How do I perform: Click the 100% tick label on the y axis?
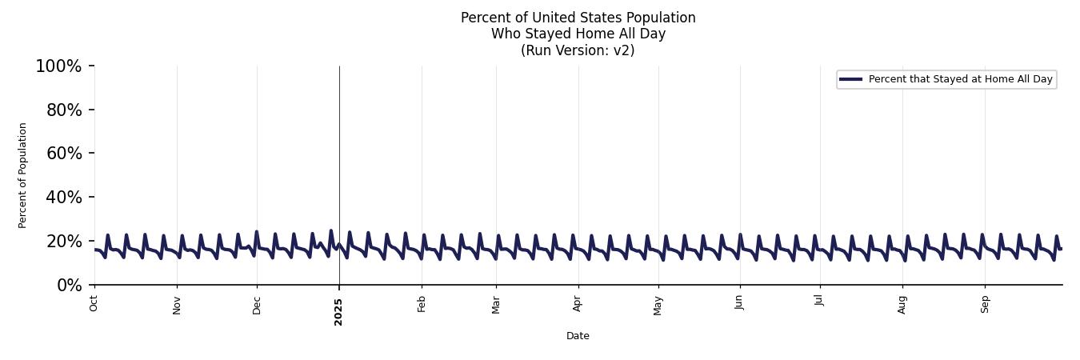[x=58, y=66]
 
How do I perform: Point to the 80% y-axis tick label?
[x=64, y=110]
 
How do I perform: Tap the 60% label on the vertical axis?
[x=64, y=154]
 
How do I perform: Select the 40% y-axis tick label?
[x=64, y=198]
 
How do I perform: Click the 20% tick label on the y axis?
[x=64, y=242]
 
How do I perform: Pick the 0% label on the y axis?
[x=69, y=286]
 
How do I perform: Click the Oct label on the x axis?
[x=94, y=303]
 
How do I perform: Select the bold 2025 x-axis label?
[x=338, y=311]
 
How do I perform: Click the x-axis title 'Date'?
[x=578, y=336]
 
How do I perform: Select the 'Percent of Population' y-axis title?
[x=23, y=175]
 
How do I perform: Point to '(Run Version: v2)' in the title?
[x=578, y=50]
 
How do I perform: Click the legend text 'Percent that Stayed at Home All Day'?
[x=960, y=79]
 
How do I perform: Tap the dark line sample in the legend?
[x=850, y=79]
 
